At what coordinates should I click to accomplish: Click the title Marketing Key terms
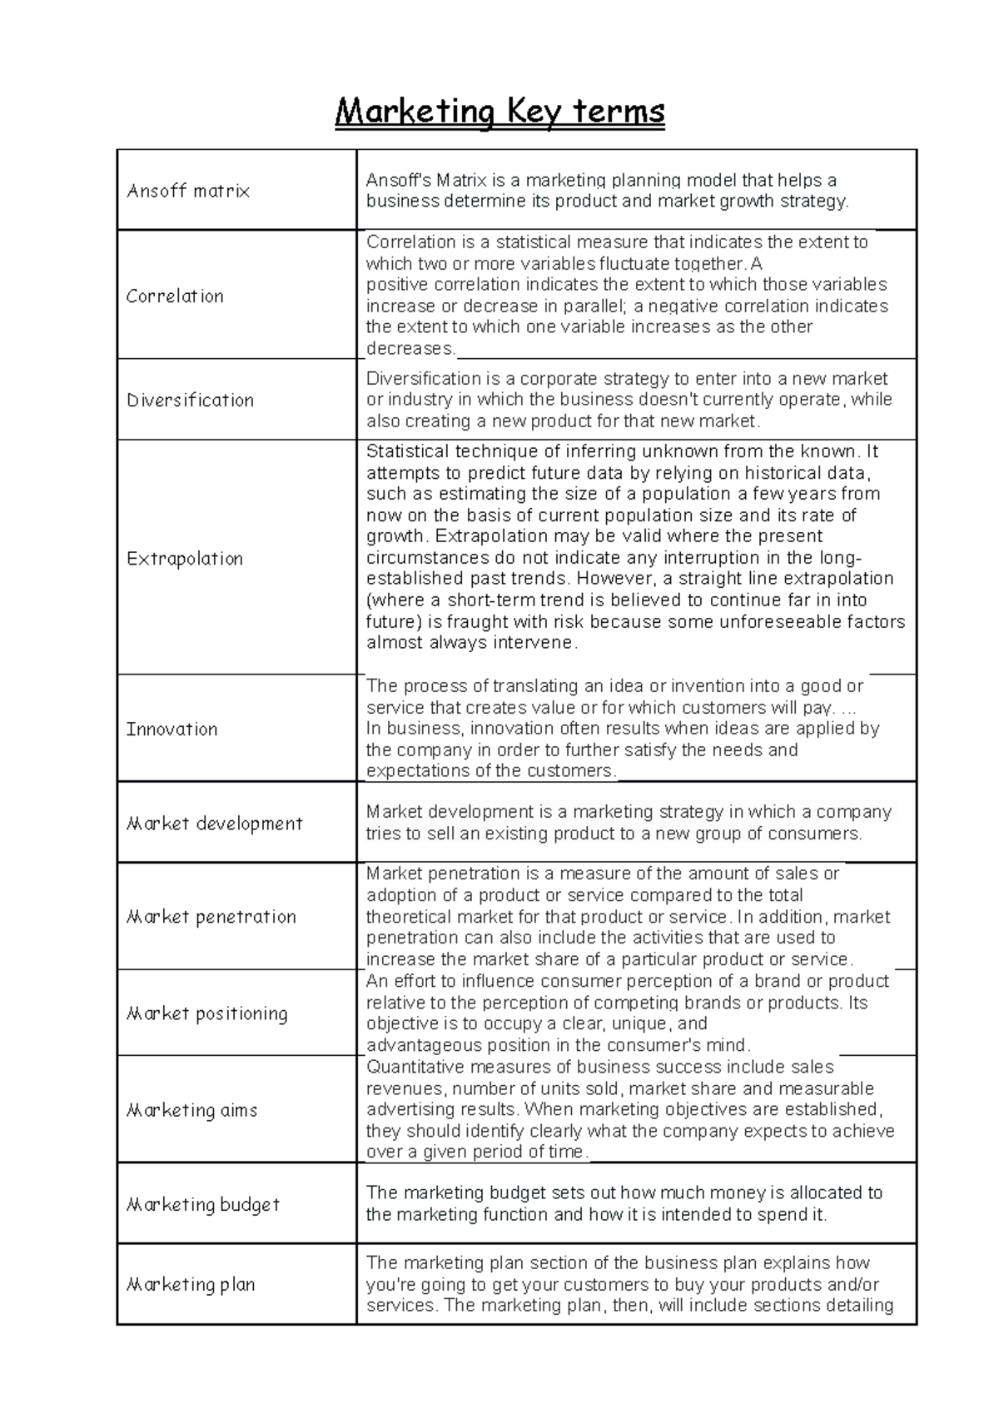pyautogui.click(x=499, y=111)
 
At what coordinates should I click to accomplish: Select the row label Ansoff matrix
pyautogui.click(x=188, y=191)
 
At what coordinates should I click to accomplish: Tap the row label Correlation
pyautogui.click(x=175, y=296)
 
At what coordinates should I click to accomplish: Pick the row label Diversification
pyautogui.click(x=190, y=400)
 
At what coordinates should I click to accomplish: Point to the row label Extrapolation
pyautogui.click(x=185, y=558)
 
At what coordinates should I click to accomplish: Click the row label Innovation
pyautogui.click(x=171, y=729)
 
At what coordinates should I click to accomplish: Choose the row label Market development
pyautogui.click(x=214, y=824)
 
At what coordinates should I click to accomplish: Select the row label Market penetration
pyautogui.click(x=211, y=917)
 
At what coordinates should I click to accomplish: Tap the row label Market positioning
pyautogui.click(x=206, y=1013)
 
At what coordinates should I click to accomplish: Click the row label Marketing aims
pyautogui.click(x=191, y=1110)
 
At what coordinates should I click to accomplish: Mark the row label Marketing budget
pyautogui.click(x=202, y=1204)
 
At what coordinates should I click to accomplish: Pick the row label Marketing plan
pyautogui.click(x=191, y=1284)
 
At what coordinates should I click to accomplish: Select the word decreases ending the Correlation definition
pyautogui.click(x=410, y=348)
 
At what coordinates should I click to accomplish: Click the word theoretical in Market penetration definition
pyautogui.click(x=412, y=917)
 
